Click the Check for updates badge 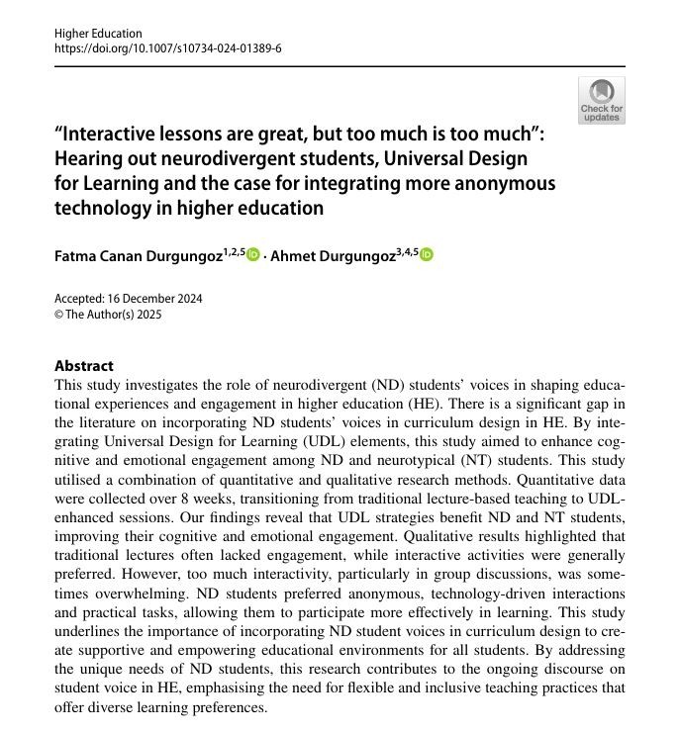(x=601, y=101)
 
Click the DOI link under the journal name (x=167, y=47)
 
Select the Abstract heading (x=84, y=366)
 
